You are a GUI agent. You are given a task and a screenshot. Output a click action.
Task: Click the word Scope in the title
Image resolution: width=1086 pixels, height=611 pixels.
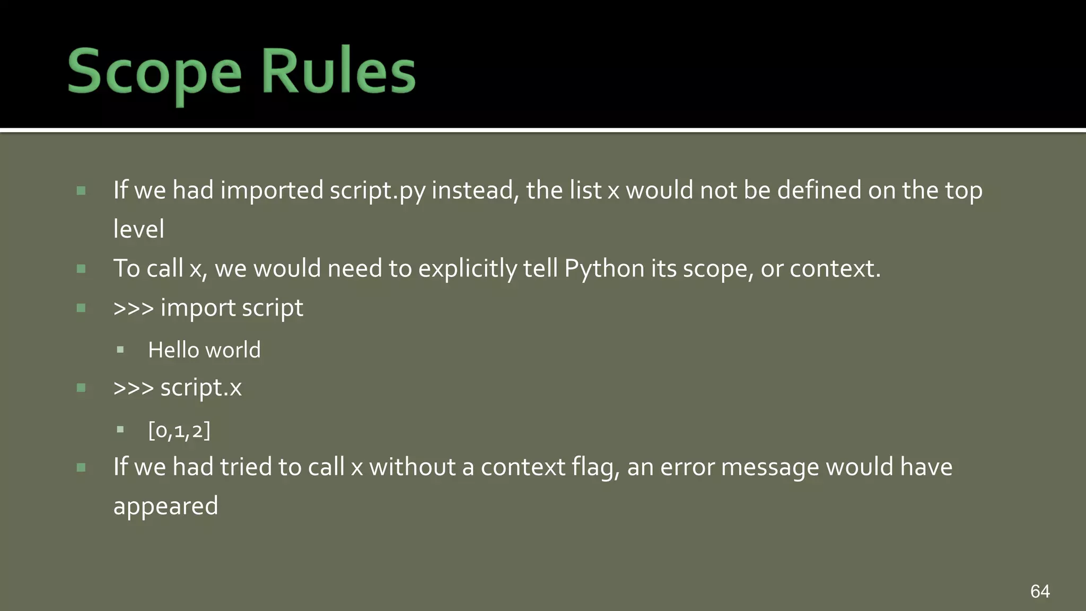[x=154, y=72]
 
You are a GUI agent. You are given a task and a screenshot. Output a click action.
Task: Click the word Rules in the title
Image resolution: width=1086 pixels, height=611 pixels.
[x=338, y=72]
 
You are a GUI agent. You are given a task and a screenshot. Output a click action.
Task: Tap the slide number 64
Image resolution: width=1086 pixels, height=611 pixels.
[x=1040, y=591]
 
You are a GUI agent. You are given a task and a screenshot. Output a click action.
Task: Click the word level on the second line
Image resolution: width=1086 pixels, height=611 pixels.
[x=138, y=229]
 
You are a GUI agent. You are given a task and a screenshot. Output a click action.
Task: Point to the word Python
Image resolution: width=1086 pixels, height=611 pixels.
[x=604, y=269]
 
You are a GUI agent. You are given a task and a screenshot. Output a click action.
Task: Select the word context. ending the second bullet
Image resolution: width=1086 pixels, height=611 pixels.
[x=835, y=269]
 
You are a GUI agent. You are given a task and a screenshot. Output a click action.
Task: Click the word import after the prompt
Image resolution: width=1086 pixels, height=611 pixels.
[x=198, y=308]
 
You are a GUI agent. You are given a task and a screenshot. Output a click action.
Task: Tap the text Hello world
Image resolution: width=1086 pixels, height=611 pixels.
[x=204, y=350]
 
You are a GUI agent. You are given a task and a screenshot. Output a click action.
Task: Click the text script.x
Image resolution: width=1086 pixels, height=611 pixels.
[x=200, y=388]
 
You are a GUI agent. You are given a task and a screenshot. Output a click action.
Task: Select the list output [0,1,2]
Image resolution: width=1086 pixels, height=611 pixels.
[x=179, y=430]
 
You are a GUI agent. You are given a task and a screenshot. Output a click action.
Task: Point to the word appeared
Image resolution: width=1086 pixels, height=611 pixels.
[x=165, y=507]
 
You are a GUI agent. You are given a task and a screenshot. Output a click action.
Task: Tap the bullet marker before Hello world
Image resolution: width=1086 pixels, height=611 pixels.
[x=120, y=350]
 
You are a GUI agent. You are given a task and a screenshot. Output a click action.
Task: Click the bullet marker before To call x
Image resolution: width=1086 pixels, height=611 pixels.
[x=81, y=269]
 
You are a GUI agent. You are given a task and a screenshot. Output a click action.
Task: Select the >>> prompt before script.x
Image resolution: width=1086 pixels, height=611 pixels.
[x=133, y=388]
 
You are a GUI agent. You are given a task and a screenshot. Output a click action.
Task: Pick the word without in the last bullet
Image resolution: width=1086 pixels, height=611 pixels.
[x=412, y=467]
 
